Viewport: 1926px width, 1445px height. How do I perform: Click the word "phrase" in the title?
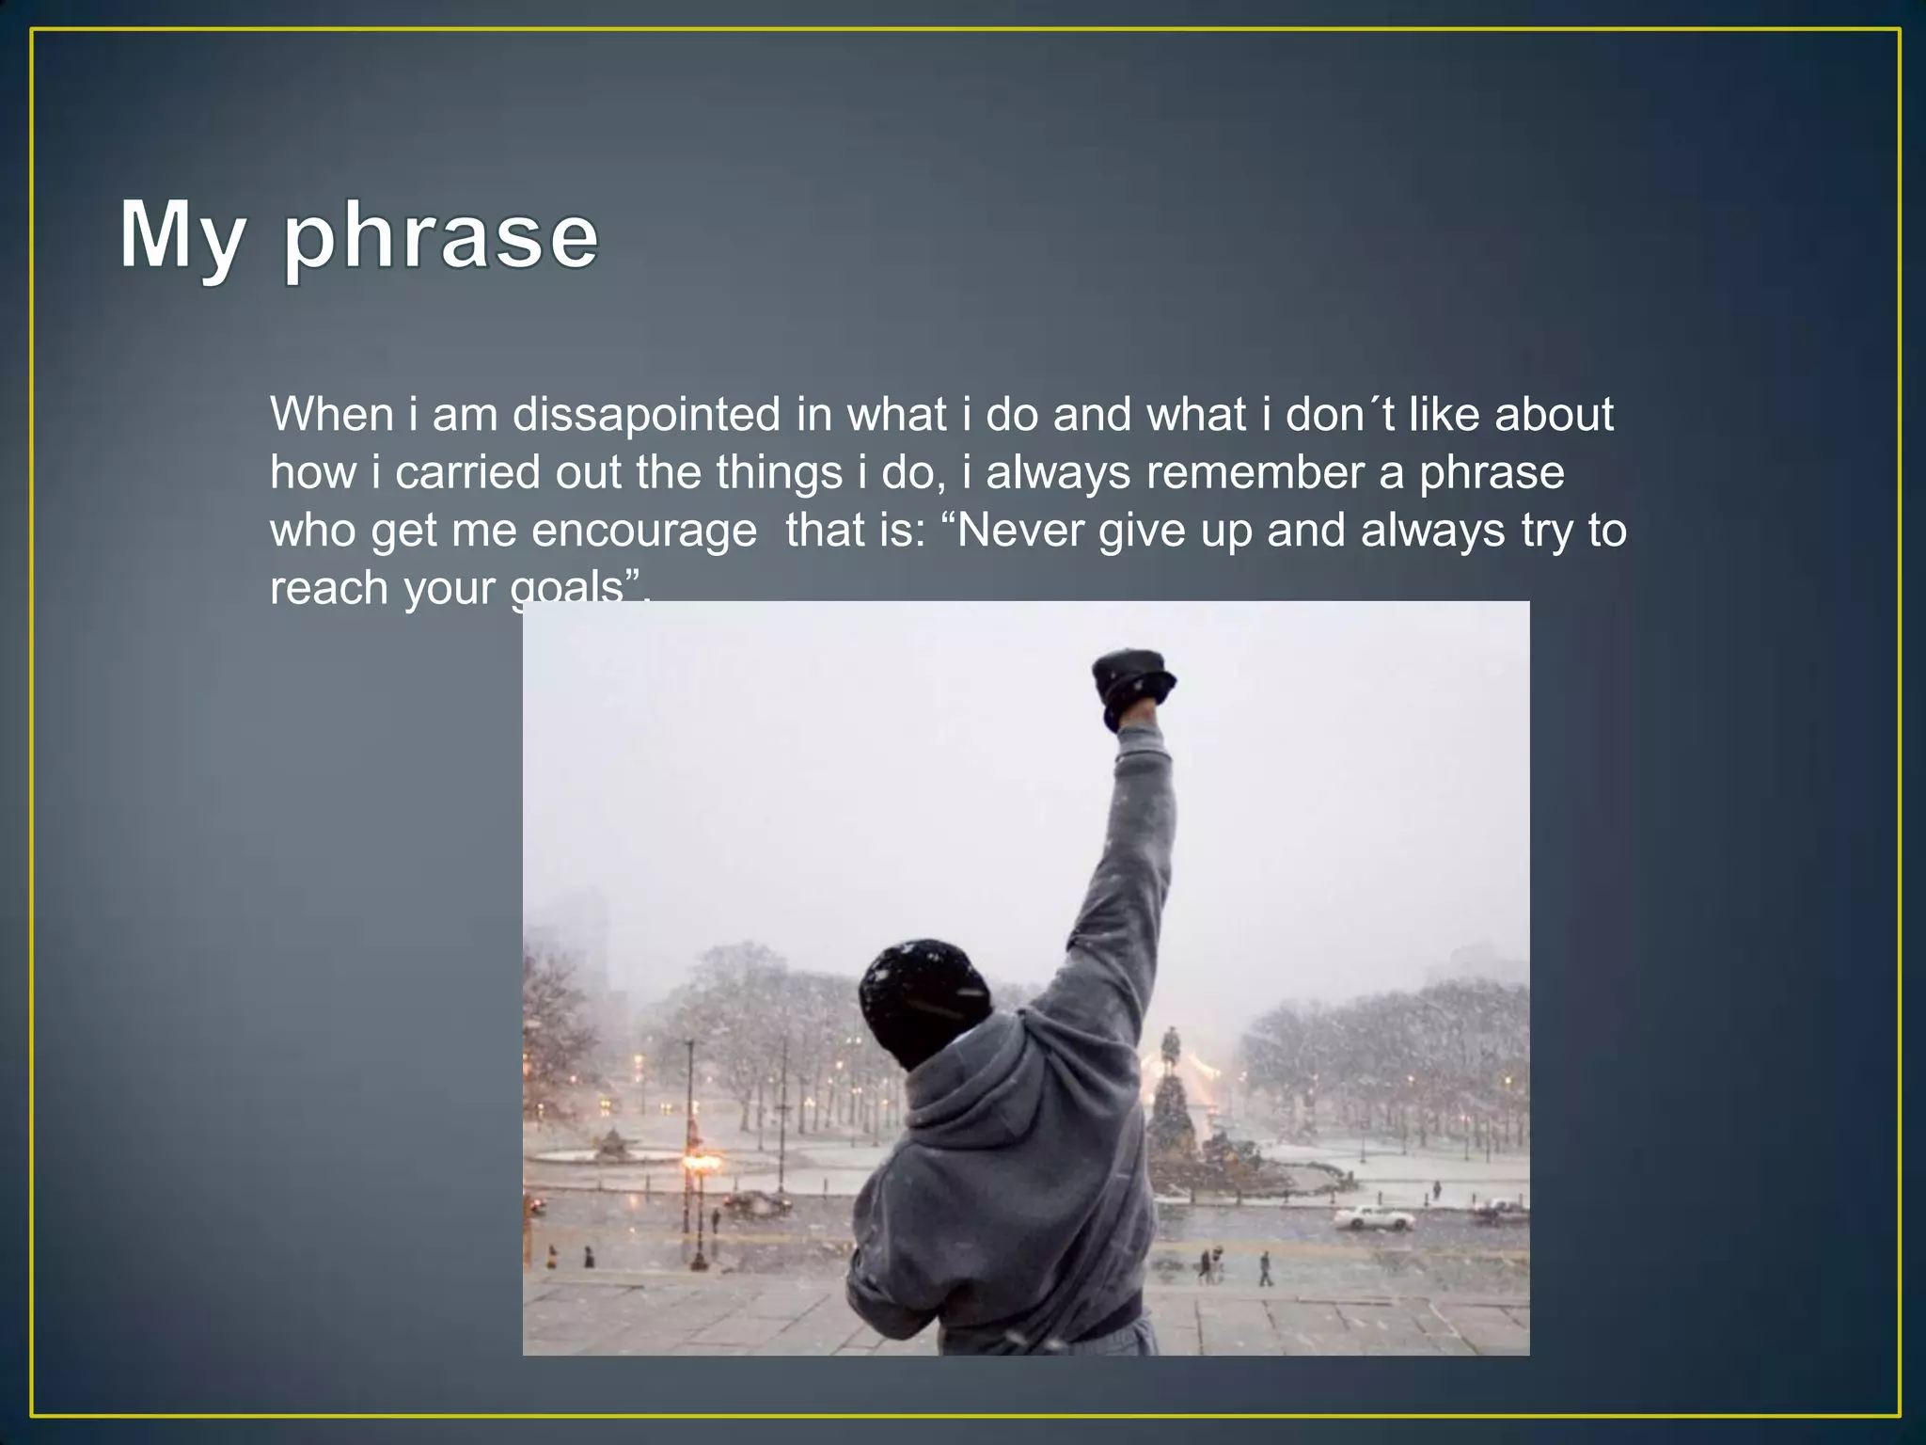coord(440,237)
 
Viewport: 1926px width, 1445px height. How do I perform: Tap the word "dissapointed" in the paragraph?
coord(646,415)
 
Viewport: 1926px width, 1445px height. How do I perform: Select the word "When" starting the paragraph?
coord(331,415)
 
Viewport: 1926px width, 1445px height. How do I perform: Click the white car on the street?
coord(1373,1217)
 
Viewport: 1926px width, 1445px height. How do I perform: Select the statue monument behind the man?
coord(1172,1091)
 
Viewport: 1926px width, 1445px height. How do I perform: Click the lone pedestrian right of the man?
coord(1265,1268)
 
